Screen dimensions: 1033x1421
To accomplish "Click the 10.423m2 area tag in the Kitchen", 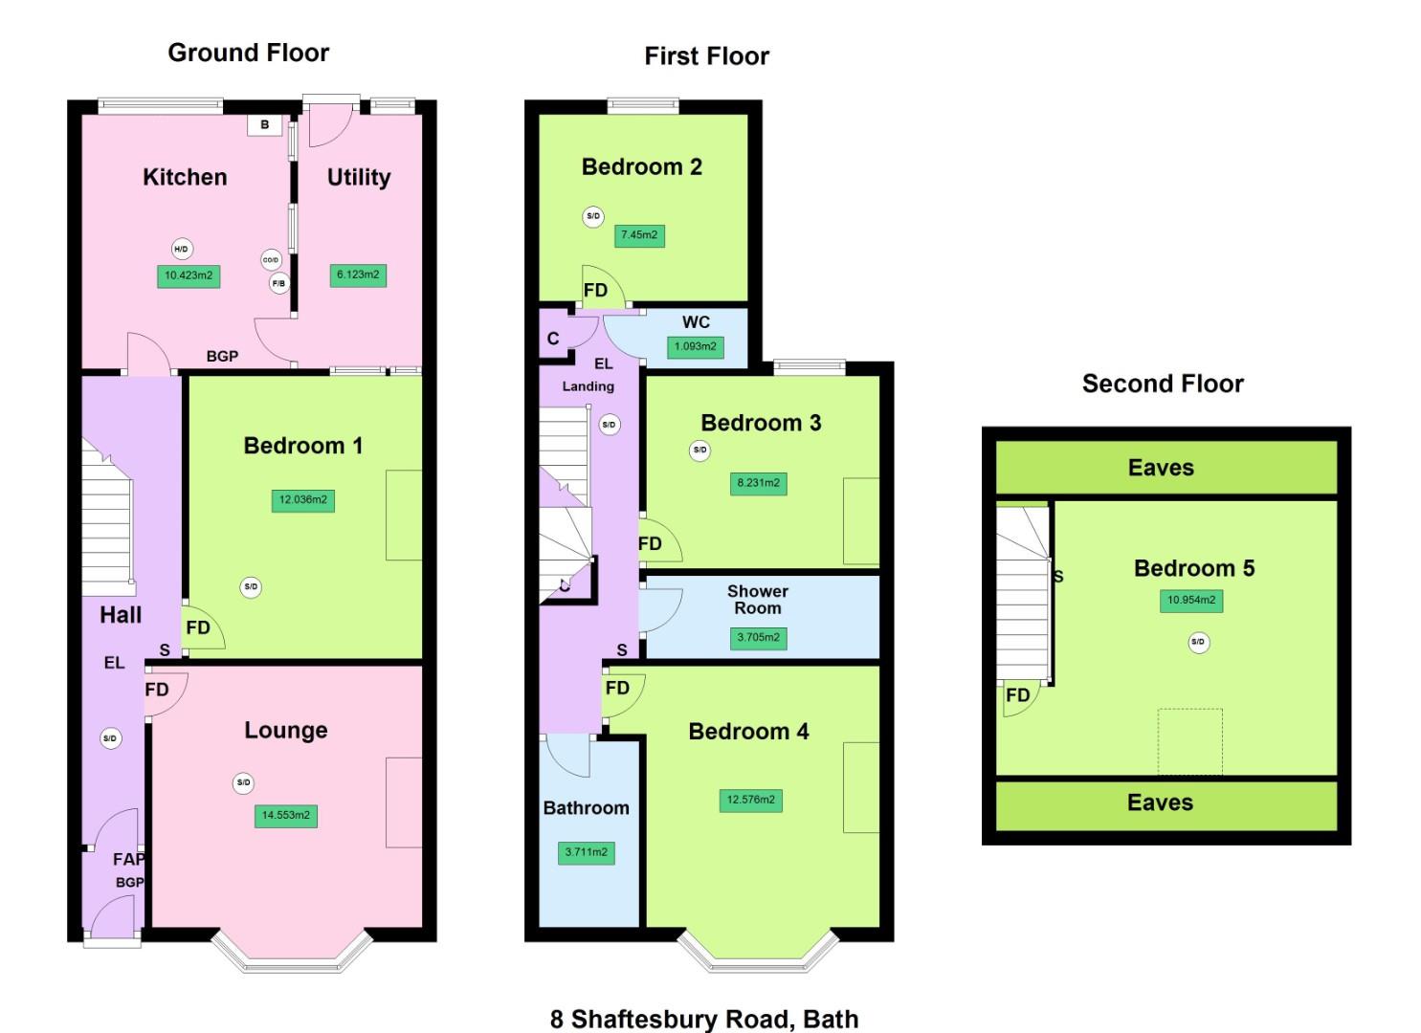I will coord(189,275).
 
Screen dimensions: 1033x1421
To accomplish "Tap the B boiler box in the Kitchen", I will coord(265,124).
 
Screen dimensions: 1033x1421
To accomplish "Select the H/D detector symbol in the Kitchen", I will coord(181,249).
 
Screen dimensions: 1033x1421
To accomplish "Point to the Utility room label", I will coord(359,177).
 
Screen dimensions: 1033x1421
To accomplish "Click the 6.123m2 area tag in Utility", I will coord(358,275).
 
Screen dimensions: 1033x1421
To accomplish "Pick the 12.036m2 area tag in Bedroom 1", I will coord(303,499).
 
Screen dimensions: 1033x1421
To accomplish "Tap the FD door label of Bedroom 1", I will coord(198,627).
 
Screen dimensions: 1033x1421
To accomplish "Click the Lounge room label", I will coord(286,730).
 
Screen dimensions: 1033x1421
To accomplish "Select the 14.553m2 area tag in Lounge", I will coord(286,815).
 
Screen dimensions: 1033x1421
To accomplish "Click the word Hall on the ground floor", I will coord(121,615).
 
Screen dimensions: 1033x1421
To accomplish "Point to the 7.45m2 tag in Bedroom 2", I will coord(639,234).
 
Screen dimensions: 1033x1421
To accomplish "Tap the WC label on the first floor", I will coord(696,322).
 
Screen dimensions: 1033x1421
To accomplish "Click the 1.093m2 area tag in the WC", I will coord(696,346).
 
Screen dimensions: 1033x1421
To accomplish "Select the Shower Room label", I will coord(757,600).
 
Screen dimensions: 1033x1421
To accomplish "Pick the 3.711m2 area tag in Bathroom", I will coord(586,851).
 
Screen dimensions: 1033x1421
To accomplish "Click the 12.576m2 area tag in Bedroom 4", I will coord(750,800).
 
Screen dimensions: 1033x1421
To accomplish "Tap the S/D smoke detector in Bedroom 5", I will coord(1198,642).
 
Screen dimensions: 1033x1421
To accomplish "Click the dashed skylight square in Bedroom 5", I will coord(1190,741).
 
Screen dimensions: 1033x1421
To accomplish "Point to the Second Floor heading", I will coord(1163,384).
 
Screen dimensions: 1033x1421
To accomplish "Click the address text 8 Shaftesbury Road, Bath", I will coord(704,1019).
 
